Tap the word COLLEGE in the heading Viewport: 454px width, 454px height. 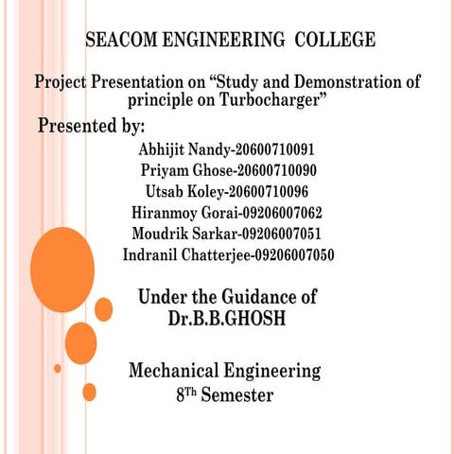click(x=335, y=41)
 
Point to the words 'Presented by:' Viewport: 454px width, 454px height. click(x=91, y=127)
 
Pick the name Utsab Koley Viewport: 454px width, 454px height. click(x=183, y=192)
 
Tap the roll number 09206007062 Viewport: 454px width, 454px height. click(x=281, y=213)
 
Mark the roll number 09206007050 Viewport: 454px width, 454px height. click(x=289, y=254)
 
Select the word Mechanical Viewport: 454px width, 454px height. click(x=173, y=370)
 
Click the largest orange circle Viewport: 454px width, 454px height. click(x=62, y=269)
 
